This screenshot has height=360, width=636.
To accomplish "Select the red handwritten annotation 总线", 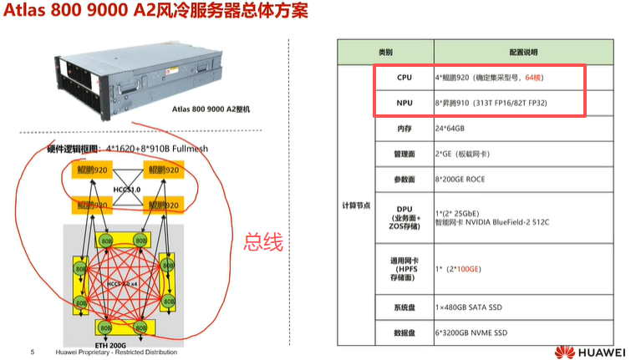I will (x=263, y=241).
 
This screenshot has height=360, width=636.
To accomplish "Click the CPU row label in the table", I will (x=404, y=77).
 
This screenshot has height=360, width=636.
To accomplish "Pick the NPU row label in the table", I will (x=404, y=103).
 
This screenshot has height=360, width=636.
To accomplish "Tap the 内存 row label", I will (x=404, y=129).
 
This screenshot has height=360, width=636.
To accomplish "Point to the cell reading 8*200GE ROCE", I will (x=463, y=180).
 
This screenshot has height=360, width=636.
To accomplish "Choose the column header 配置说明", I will (x=514, y=52).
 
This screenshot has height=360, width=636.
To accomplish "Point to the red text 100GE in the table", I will (x=466, y=269).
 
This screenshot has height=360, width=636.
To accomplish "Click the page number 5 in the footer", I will (x=32, y=352).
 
